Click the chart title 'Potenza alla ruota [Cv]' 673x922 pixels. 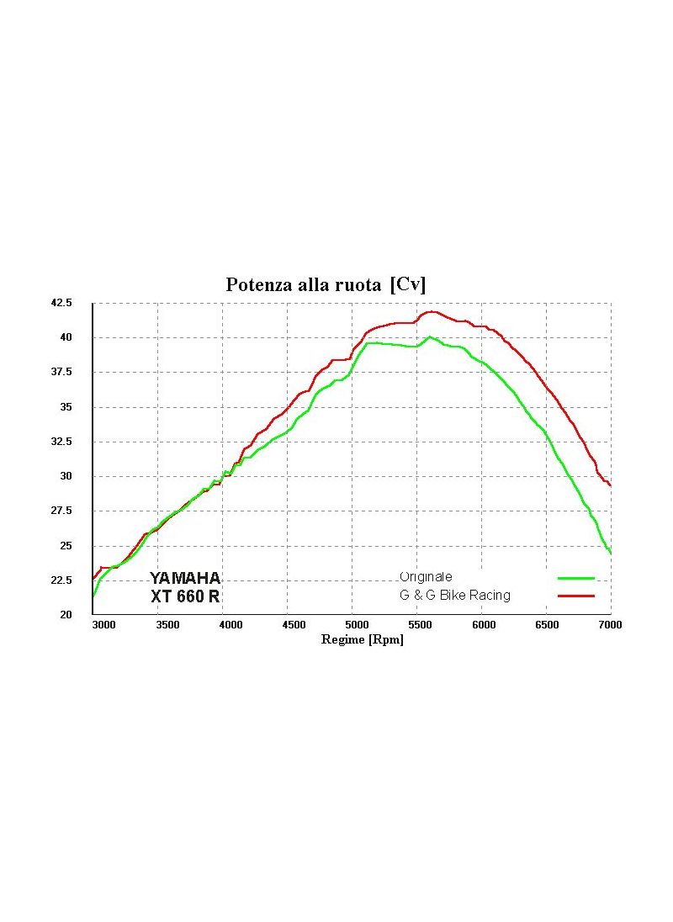point(326,285)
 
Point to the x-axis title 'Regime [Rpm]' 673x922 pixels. point(363,640)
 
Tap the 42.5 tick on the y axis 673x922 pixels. point(61,303)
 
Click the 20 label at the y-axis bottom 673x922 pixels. point(66,615)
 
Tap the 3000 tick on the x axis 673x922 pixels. point(104,626)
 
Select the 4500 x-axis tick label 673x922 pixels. point(294,626)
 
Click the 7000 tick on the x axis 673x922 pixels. point(610,626)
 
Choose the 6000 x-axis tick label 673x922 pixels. point(483,626)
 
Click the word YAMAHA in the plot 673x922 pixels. point(185,579)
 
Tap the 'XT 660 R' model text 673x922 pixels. point(185,597)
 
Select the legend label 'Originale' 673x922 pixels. point(426,577)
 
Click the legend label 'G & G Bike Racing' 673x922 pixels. point(454,596)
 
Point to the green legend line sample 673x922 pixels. point(575,579)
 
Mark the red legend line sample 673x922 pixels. point(575,596)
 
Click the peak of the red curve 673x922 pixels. point(432,311)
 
